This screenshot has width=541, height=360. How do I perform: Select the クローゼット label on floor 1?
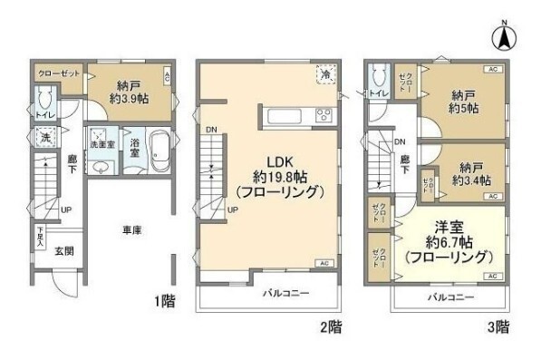click(59, 71)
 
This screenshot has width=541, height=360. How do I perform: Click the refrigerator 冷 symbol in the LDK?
click(324, 74)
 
